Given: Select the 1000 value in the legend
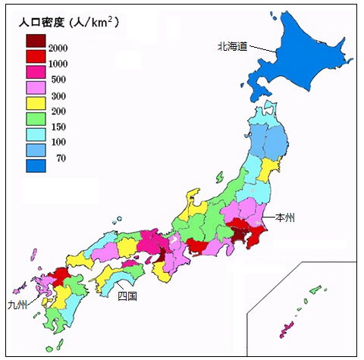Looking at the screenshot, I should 59,63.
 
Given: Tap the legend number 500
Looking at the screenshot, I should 58,78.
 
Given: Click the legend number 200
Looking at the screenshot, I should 58,111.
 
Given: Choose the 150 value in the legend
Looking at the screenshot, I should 58,126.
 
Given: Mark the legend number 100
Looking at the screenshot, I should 58,142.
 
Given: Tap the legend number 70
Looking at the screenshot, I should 61,158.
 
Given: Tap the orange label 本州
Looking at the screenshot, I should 285,218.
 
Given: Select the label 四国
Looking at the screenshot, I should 127,296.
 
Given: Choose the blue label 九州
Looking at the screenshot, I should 17,305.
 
